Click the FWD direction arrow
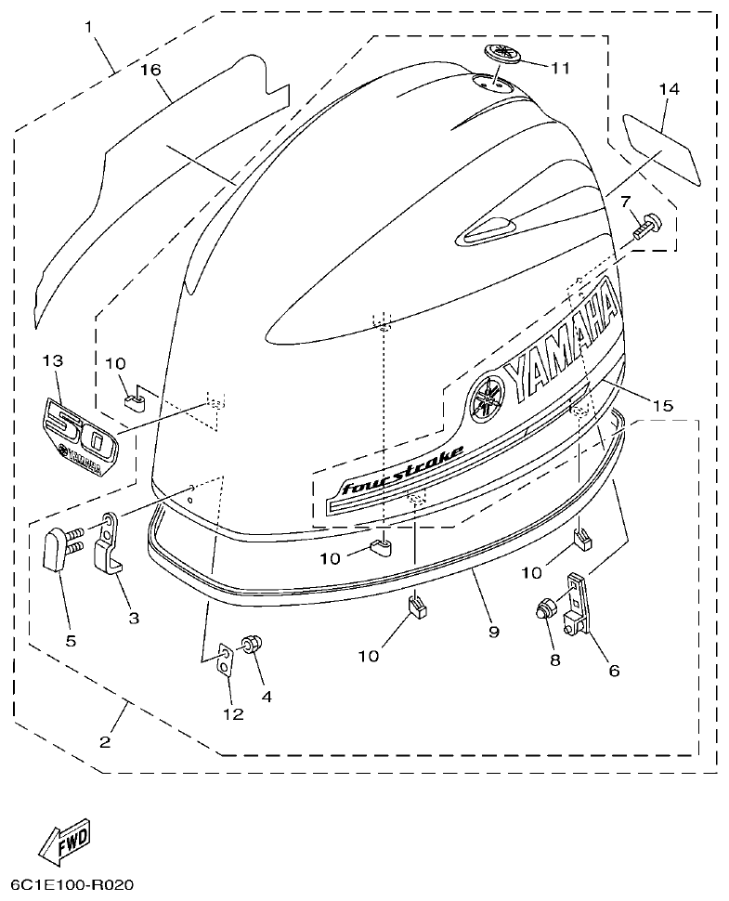point(65,840)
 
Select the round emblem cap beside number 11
point(501,55)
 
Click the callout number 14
point(669,89)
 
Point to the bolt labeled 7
point(645,227)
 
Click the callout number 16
point(151,70)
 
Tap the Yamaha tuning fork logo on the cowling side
point(486,399)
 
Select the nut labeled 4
point(251,645)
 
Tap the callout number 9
point(493,632)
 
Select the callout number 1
point(90,28)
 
